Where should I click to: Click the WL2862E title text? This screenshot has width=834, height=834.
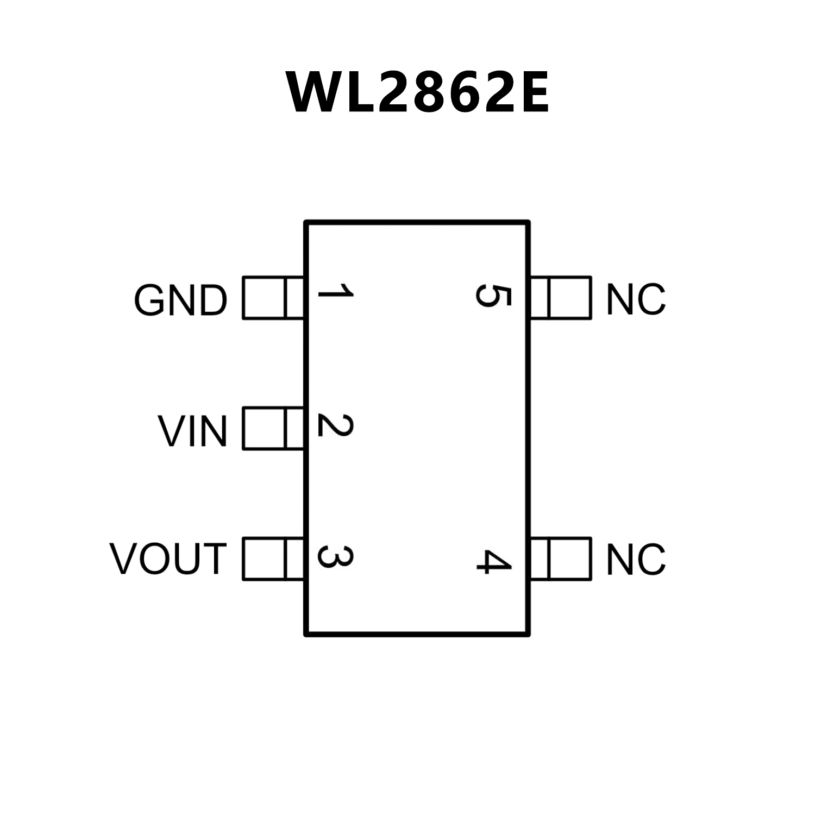tap(417, 92)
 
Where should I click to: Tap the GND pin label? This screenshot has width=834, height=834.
tap(180, 300)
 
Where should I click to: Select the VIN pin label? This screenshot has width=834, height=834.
tap(193, 431)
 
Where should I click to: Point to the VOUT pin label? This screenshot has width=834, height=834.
tap(168, 559)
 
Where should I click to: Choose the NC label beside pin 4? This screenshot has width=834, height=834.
tap(636, 559)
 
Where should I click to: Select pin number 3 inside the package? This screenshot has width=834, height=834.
tap(335, 556)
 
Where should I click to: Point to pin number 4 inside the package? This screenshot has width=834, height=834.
tap(493, 561)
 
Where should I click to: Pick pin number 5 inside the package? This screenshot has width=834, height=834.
tap(493, 296)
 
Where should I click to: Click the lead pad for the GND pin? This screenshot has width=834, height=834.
tap(272, 298)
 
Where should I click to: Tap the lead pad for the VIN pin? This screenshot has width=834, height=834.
tap(272, 429)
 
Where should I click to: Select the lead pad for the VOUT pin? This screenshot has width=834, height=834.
tap(272, 559)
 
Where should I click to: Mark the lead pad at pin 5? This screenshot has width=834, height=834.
tap(561, 298)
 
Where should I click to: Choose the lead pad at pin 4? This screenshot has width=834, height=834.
tap(561, 559)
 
